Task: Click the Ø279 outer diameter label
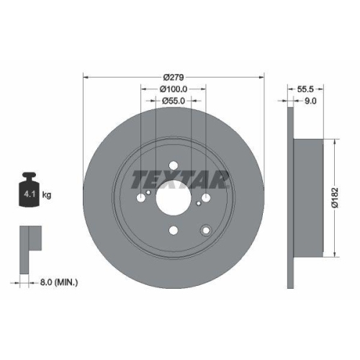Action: pyautogui.click(x=174, y=77)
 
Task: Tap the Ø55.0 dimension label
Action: pyautogui.click(x=174, y=102)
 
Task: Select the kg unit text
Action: pyautogui.click(x=46, y=195)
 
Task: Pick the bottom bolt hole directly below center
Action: pyautogui.click(x=173, y=231)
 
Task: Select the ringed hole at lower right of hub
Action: pyautogui.click(x=206, y=230)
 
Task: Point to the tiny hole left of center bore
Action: pyautogui.click(x=148, y=192)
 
